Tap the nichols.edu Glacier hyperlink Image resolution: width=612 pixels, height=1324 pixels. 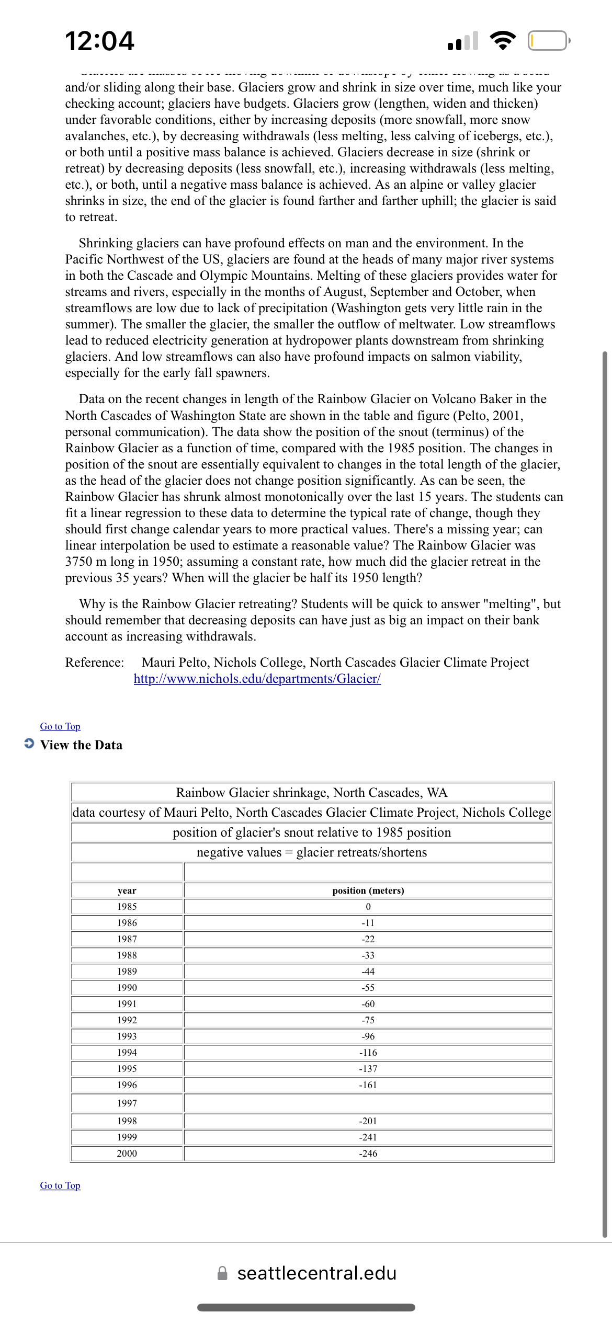pos(257,679)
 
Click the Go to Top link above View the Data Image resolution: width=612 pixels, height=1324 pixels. pos(60,726)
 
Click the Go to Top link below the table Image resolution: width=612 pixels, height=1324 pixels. pos(60,1185)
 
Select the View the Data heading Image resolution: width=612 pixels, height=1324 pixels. pos(81,745)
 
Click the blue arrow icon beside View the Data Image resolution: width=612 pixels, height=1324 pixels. pos(29,744)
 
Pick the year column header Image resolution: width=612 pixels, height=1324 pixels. pos(127,891)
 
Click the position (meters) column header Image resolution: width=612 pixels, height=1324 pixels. pos(368,891)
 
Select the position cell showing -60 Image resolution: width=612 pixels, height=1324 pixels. pos(368,1004)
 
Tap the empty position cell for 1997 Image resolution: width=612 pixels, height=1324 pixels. pos(368,1103)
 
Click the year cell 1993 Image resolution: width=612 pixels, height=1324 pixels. pos(127,1036)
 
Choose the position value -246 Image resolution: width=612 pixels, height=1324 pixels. pos(368,1154)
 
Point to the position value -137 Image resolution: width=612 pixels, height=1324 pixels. pos(368,1069)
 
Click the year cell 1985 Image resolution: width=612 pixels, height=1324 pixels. pos(127,907)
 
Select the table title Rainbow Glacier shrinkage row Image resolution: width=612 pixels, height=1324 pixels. pos(312,793)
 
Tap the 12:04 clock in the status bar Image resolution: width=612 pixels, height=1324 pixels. pos(99,41)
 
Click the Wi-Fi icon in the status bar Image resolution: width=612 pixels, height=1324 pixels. pos(502,40)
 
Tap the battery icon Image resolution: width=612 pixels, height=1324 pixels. pos(548,40)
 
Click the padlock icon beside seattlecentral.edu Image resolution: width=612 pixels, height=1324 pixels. pos(222,1273)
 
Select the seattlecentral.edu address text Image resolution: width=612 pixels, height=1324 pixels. pos(316,1273)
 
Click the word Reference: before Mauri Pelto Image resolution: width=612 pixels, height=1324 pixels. pos(95,663)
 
